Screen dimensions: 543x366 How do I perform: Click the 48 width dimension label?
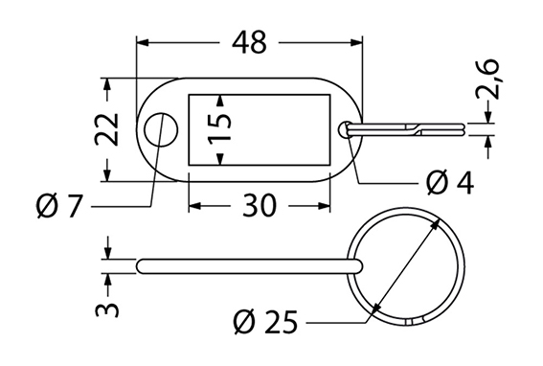249,42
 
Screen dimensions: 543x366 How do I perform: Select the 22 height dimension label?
107,129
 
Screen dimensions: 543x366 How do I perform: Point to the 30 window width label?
260,206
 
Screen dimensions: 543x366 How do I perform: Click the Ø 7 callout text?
59,206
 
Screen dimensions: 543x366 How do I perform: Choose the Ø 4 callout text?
449,183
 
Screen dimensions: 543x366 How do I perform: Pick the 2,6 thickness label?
487,80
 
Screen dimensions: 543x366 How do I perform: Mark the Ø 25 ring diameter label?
265,322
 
